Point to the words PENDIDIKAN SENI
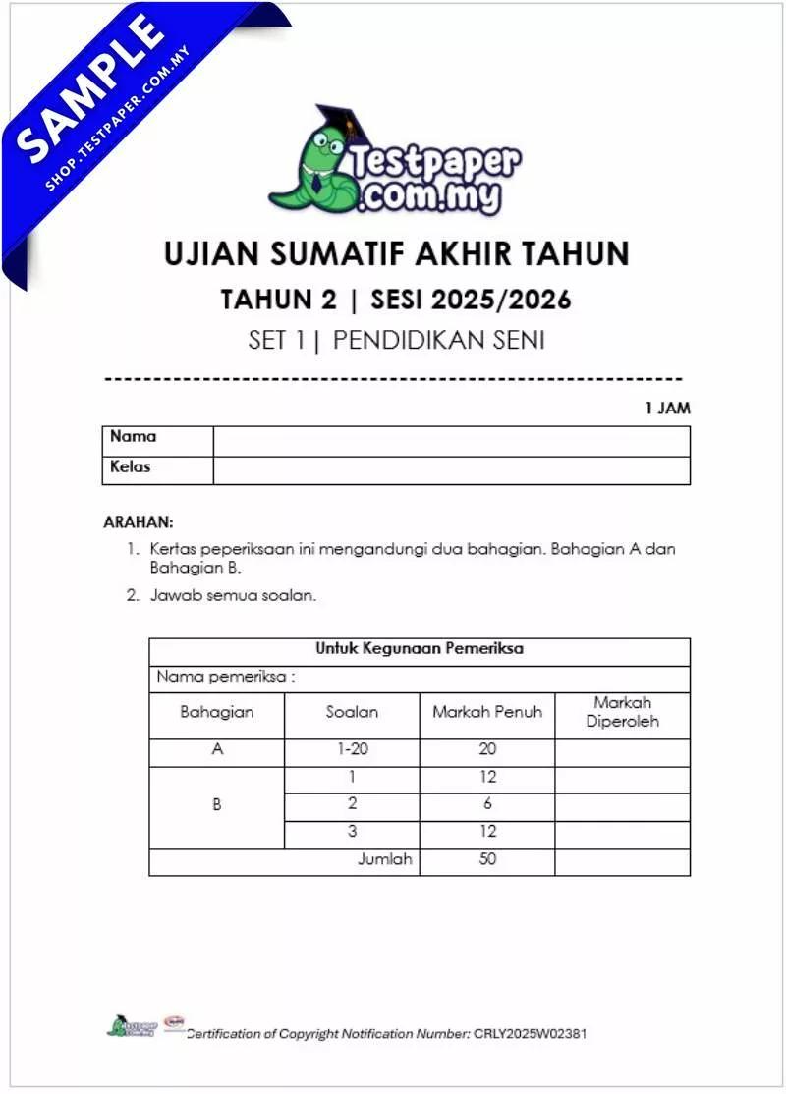tap(438, 341)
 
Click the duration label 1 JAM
tap(667, 409)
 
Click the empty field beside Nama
tap(451, 441)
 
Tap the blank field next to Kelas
tap(451, 470)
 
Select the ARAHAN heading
tap(138, 522)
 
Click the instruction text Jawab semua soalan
tap(233, 595)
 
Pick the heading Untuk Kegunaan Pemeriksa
tap(419, 648)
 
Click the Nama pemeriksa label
tap(226, 677)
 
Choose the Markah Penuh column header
tap(486, 712)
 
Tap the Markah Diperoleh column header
tap(622, 712)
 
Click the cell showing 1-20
tap(351, 749)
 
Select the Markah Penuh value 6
tap(487, 803)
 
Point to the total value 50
tap(487, 859)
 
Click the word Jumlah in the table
tap(385, 859)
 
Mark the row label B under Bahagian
tap(217, 804)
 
